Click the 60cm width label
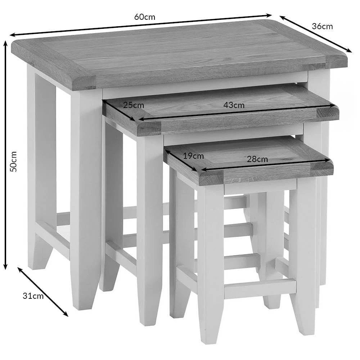144,17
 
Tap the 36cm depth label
322,26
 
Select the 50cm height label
14,161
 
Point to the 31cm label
33,296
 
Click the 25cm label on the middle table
134,105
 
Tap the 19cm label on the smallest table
193,156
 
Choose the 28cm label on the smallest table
257,159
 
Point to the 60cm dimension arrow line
141,25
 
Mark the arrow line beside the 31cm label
43,292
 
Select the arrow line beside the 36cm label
315,34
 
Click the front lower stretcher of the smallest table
260,287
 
